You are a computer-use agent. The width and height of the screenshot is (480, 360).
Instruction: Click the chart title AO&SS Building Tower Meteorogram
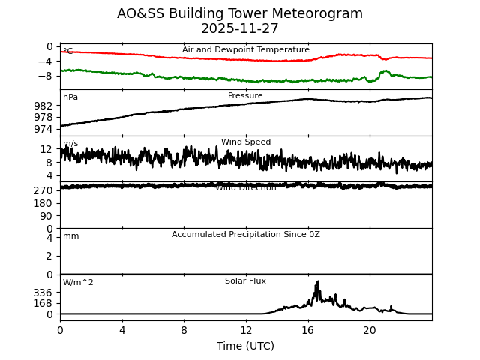(x=240, y=13)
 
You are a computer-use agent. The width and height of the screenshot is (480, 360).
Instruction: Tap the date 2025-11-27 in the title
(x=240, y=28)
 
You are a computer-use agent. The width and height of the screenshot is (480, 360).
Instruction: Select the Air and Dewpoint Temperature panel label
(x=246, y=50)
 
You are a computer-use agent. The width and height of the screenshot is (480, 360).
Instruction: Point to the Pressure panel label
(x=246, y=96)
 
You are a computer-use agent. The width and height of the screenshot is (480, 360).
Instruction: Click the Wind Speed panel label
(x=246, y=142)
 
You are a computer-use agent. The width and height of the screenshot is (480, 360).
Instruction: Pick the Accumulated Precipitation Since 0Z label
(x=246, y=235)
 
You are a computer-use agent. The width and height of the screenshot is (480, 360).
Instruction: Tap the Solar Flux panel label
(x=246, y=281)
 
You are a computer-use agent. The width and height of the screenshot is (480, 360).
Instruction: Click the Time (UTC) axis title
(x=246, y=346)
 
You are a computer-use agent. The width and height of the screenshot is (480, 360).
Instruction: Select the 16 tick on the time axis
(x=307, y=330)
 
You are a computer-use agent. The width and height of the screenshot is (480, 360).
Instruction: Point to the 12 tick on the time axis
(x=246, y=330)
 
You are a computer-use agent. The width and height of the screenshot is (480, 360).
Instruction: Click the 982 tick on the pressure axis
(x=43, y=106)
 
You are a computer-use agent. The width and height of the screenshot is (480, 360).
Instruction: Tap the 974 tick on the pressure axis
(x=43, y=129)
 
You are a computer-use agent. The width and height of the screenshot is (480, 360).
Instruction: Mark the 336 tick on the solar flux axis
(x=43, y=292)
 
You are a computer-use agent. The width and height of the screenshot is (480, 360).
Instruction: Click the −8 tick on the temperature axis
(x=45, y=76)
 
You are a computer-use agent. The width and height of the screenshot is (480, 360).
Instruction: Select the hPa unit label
(x=70, y=97)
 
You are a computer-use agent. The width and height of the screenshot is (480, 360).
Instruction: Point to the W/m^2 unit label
(x=78, y=283)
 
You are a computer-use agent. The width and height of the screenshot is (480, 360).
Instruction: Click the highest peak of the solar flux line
(x=318, y=281)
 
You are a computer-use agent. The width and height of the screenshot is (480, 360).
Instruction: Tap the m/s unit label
(x=70, y=144)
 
